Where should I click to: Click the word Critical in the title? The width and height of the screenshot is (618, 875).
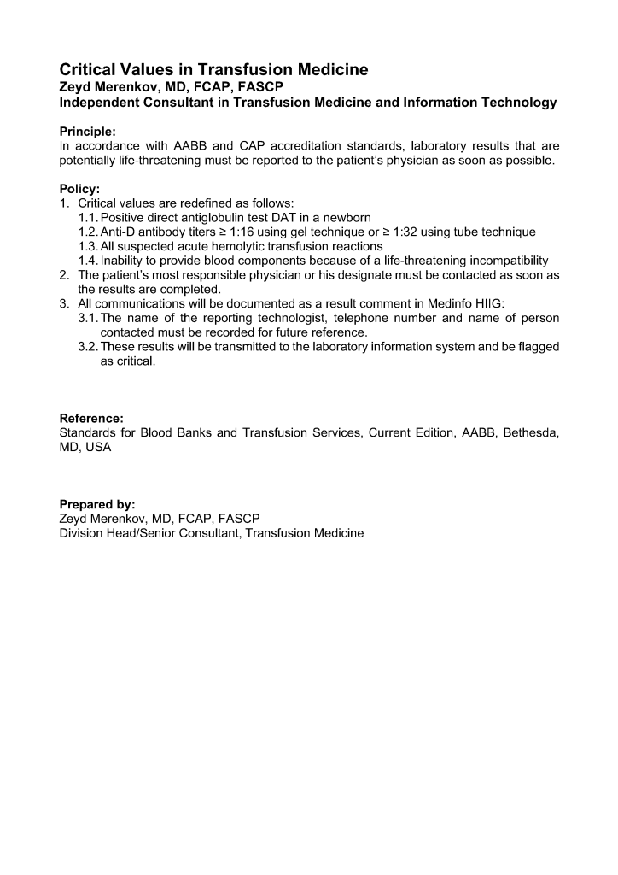pos(88,70)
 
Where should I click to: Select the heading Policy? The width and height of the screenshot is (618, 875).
pos(79,189)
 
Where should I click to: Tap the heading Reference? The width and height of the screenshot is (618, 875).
pos(91,419)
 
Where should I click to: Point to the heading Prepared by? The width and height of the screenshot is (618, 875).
pos(97,504)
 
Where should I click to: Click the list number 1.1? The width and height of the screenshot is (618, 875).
pos(88,217)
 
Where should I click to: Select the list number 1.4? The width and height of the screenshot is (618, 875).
pos(88,261)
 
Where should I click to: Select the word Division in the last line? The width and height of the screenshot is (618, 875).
pos(81,533)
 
